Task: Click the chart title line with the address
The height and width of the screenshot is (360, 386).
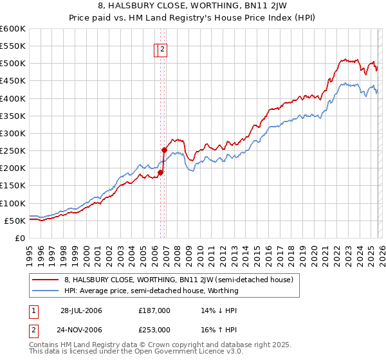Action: click(193, 7)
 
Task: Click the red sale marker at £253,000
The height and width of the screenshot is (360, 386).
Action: click(164, 150)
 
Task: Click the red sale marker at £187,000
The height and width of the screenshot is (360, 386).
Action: click(160, 172)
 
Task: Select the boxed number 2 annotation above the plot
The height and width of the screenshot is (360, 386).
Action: click(163, 49)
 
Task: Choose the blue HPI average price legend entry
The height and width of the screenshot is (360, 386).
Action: click(151, 291)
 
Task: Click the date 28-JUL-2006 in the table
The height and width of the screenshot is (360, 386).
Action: click(81, 310)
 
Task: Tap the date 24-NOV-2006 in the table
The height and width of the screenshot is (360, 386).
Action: click(81, 329)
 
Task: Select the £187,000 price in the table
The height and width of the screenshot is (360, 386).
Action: click(154, 310)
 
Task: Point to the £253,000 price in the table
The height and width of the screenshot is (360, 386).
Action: click(154, 329)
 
